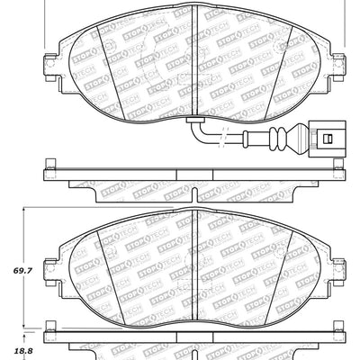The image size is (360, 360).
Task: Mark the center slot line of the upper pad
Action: (196, 63)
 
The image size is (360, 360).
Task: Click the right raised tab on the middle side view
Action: (339, 166)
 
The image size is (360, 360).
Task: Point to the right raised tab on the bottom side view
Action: (339, 340)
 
